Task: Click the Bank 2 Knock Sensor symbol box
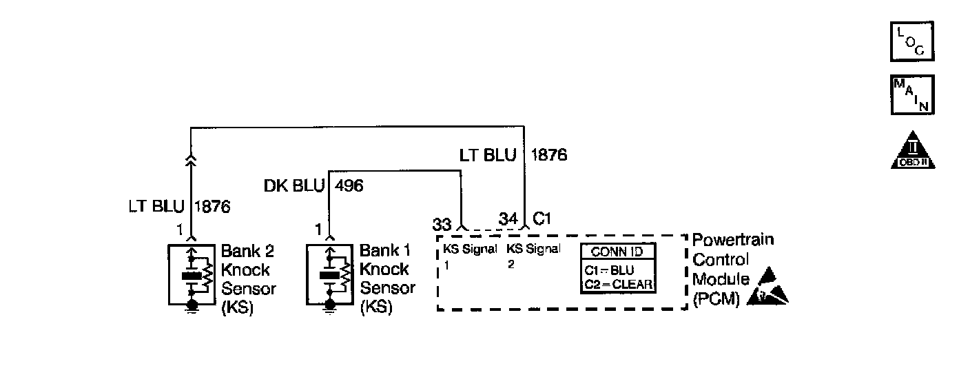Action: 191,275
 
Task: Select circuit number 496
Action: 349,185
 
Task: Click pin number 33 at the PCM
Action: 442,224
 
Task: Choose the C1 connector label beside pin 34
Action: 543,220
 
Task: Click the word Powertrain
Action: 733,240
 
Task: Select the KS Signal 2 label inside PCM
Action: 533,255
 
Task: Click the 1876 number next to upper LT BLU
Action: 548,155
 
